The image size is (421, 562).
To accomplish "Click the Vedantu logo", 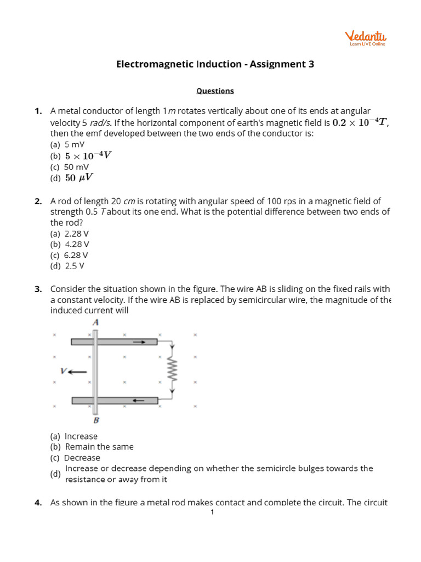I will coord(366,38).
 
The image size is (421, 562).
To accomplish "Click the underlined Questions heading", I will coord(215,91).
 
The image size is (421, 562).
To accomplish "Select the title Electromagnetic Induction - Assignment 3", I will coord(215,64).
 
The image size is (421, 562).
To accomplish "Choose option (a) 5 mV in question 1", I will coord(67,144).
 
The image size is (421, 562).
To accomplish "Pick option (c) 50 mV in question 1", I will coord(69,166).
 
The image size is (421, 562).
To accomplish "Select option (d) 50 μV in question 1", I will coord(72,178).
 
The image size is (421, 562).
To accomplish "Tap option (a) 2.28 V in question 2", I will coord(69,233).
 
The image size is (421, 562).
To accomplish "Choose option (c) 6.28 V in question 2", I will coord(69,255).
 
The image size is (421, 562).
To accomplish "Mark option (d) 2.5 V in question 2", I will coord(67,266).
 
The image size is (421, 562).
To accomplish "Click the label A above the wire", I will coord(95,323).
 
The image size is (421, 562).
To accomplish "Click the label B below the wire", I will coord(96,421).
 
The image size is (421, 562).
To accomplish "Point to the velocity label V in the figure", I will coord(64,371).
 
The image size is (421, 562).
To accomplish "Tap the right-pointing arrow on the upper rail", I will coord(139,341).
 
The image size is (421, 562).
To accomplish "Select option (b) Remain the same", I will coord(92,447).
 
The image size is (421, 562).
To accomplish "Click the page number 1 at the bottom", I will coord(212,513).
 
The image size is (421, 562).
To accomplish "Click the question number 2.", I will coord(38,201).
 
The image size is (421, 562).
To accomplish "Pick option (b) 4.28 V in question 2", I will coord(69,244).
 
